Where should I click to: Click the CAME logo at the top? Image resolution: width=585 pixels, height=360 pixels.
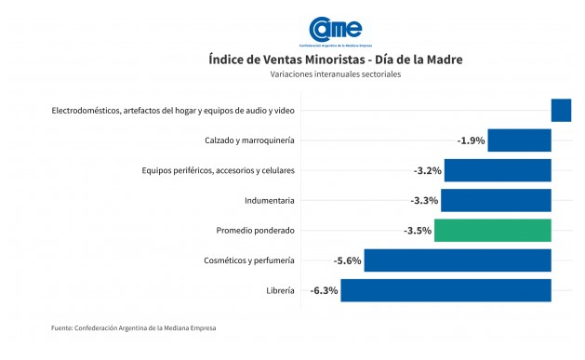[x=335, y=31]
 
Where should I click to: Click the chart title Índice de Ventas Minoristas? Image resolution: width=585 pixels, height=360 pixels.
[x=336, y=60]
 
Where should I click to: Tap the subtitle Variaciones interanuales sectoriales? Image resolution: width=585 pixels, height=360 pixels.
[x=336, y=74]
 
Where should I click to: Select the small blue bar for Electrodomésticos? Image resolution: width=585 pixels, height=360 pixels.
[x=561, y=110]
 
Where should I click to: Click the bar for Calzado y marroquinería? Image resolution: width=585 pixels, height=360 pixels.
[x=519, y=140]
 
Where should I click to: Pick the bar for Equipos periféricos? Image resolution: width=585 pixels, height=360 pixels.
[x=498, y=170]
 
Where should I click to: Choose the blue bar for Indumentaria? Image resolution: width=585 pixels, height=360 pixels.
[x=496, y=200]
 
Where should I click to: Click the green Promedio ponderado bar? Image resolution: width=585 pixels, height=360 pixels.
[x=493, y=230]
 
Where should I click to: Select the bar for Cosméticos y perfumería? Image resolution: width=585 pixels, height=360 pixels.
[x=458, y=260]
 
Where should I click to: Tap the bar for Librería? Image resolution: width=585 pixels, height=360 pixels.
[x=446, y=290]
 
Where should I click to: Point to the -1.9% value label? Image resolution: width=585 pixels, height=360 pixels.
[x=471, y=140]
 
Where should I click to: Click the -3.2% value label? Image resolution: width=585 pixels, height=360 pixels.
[x=427, y=170]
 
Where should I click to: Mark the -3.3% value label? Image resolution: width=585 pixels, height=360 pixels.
[x=424, y=200]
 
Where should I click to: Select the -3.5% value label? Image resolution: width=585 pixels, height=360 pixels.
[x=418, y=230]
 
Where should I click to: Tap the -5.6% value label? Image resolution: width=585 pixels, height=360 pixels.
[x=347, y=260]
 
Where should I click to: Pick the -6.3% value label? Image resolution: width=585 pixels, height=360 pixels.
[x=325, y=290]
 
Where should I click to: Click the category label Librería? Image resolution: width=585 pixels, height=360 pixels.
[x=280, y=290]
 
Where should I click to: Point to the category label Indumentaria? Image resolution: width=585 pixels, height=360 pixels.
[x=270, y=200]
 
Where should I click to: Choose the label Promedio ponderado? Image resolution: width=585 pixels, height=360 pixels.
[x=255, y=230]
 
